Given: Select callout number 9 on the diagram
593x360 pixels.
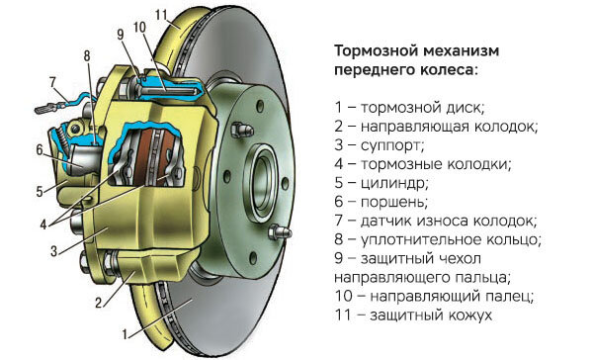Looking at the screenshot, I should [120, 34].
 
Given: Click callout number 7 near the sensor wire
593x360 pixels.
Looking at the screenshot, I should [51, 81].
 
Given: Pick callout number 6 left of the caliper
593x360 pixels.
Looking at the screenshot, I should [40, 150].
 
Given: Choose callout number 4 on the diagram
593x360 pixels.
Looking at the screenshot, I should [42, 224].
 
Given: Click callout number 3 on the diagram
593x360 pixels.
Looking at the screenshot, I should [54, 252].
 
